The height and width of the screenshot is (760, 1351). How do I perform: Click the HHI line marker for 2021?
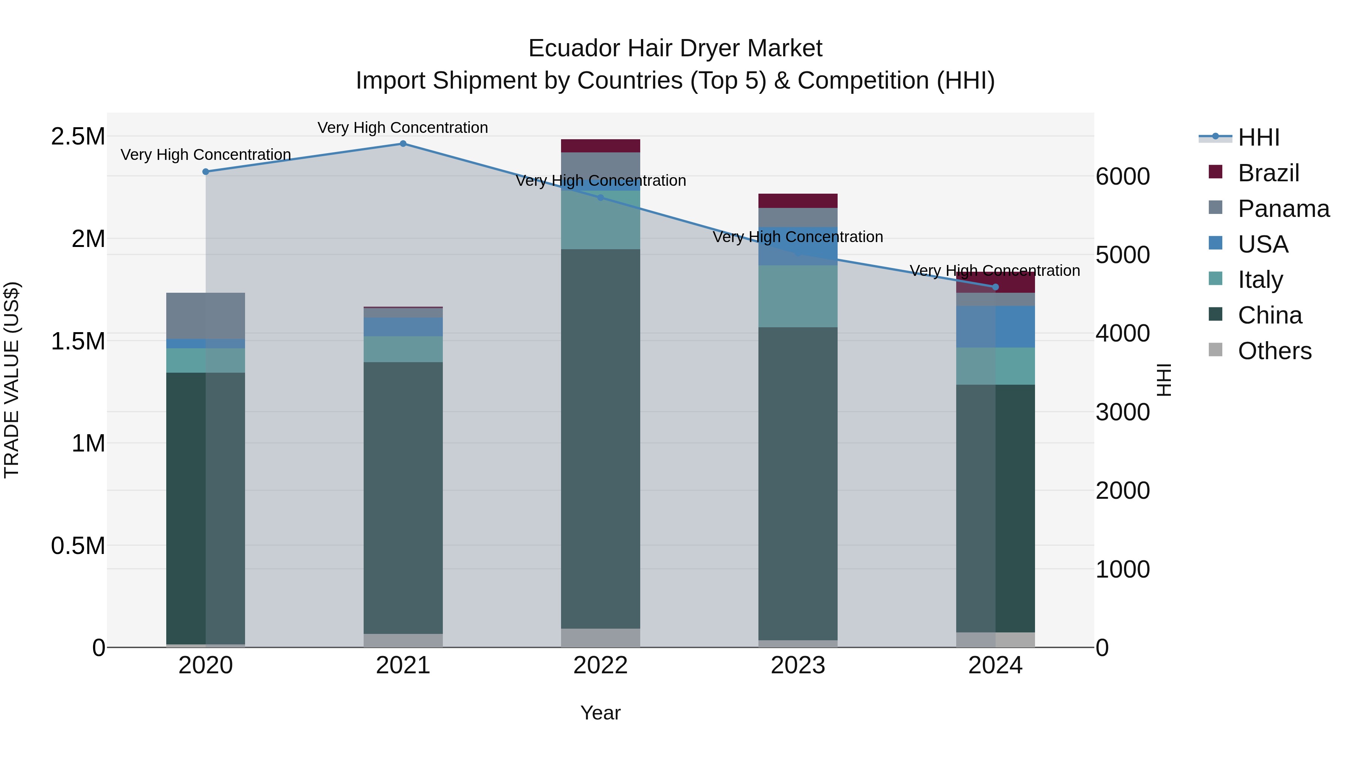coord(403,144)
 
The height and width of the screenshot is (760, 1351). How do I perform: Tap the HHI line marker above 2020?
coord(206,172)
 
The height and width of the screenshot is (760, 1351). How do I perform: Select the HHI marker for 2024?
coord(995,287)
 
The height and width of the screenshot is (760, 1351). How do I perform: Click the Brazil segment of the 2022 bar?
coord(600,146)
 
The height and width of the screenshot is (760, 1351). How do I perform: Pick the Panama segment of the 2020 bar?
coord(206,316)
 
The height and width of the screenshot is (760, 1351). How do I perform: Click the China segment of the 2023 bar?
coord(798,483)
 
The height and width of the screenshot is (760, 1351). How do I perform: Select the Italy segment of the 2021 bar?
coord(403,349)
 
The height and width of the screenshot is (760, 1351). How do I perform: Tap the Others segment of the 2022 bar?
coord(600,637)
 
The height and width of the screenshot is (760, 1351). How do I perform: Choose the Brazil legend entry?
coord(1268,173)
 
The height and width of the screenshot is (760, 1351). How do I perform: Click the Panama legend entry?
coord(1283,209)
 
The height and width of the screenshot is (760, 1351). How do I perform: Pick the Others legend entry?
coord(1274,351)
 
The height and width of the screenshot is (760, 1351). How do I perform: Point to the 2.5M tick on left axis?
coord(78,136)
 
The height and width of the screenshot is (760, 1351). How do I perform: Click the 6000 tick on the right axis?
coord(1122,176)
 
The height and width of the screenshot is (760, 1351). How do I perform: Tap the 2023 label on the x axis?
coord(798,665)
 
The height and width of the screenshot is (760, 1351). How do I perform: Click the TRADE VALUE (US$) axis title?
coord(12,380)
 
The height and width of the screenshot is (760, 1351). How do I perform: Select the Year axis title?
coord(600,713)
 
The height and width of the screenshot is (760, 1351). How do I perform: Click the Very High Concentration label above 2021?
coord(403,128)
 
